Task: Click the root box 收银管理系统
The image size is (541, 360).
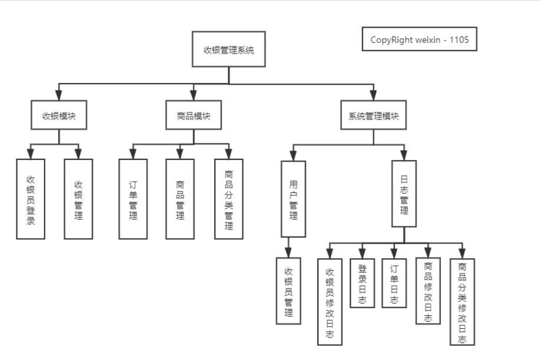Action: click(x=229, y=49)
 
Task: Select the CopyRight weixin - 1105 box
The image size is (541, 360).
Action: click(x=420, y=39)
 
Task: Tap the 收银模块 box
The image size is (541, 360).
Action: click(x=59, y=115)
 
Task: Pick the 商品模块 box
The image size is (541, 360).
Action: click(x=194, y=115)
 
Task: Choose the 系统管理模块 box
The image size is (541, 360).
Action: click(x=374, y=115)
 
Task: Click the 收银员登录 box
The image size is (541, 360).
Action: click(x=31, y=199)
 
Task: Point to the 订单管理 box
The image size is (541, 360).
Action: click(x=133, y=199)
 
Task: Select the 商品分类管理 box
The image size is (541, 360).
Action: click(x=229, y=199)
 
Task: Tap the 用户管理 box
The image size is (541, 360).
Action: click(x=293, y=199)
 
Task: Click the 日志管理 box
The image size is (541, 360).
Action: click(x=404, y=194)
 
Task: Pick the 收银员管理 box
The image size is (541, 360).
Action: click(x=288, y=291)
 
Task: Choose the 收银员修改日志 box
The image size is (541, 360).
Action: click(x=330, y=302)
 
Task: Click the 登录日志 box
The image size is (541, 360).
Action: click(x=362, y=283)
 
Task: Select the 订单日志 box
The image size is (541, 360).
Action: click(x=394, y=283)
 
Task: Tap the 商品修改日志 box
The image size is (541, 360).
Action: click(x=428, y=291)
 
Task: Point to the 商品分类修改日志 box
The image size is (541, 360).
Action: click(x=462, y=302)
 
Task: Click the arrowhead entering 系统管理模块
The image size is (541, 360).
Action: click(x=373, y=95)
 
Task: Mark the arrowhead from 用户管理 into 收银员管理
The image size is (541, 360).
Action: click(x=288, y=253)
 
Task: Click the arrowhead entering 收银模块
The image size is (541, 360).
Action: click(x=59, y=95)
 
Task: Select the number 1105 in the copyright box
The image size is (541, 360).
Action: click(x=459, y=39)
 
